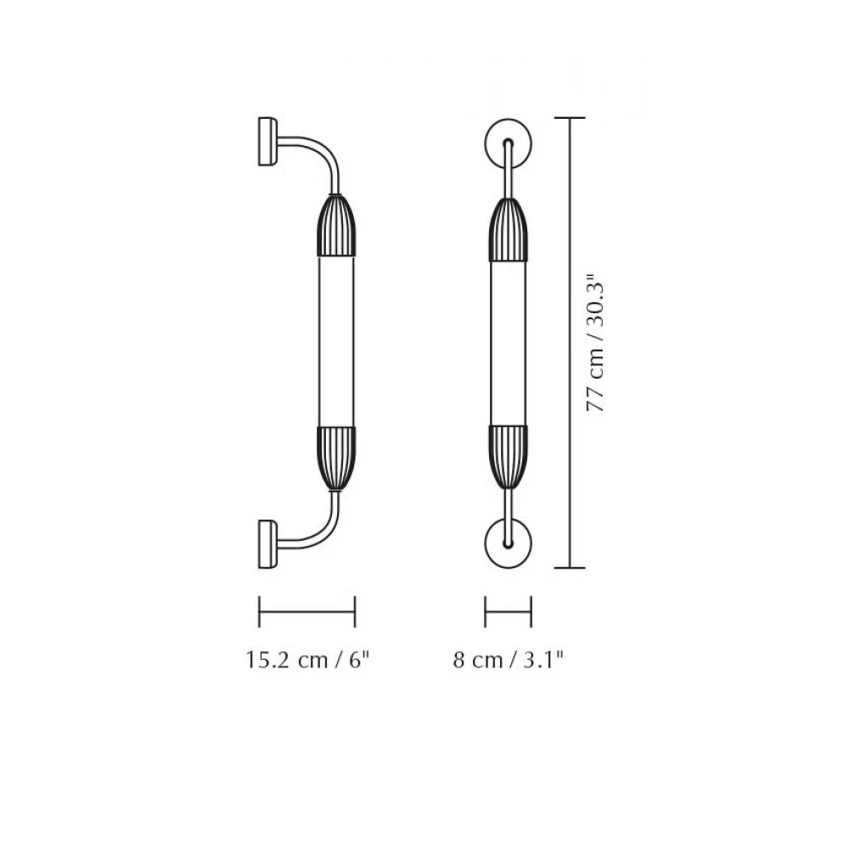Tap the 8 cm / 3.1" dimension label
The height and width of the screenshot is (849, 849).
click(x=509, y=660)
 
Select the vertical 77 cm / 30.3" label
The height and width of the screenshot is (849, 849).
click(x=597, y=342)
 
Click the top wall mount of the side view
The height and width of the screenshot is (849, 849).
click(x=267, y=141)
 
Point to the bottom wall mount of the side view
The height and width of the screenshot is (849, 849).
click(x=267, y=543)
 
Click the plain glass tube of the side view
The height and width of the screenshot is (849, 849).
click(x=337, y=341)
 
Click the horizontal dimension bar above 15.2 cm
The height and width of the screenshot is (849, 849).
click(x=306, y=610)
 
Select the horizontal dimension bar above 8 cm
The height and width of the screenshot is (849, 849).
click(x=508, y=610)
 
